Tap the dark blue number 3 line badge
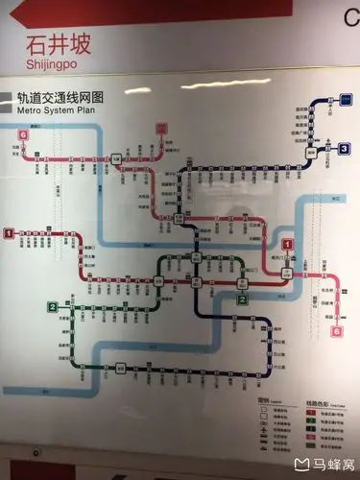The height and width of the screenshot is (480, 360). (343, 148)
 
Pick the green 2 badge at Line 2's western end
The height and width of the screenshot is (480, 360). (52, 306)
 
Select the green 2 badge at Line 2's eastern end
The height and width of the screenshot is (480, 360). (243, 299)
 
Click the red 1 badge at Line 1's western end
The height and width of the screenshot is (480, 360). (9, 232)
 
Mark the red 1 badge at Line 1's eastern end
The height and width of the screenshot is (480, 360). (286, 244)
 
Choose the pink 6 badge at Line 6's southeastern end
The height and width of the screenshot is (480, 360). (337, 331)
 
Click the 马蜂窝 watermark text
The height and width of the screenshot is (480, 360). (329, 466)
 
